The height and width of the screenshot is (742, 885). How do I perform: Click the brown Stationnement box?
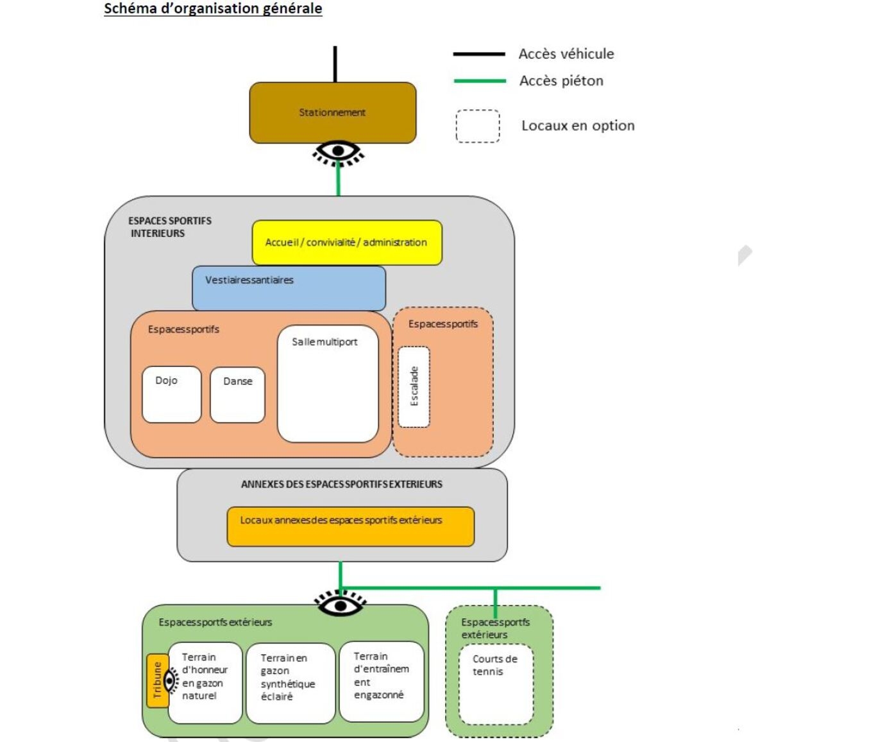coord(332,112)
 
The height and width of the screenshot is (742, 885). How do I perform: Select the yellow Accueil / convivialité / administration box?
coord(346,243)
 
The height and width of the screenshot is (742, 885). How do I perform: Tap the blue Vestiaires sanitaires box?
coord(289,288)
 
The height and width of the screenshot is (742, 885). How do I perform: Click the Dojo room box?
coord(171,394)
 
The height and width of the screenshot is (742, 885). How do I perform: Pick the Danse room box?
coord(237,395)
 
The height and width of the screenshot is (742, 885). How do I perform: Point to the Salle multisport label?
coord(324,342)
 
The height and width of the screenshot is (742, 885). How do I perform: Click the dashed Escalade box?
coord(414,386)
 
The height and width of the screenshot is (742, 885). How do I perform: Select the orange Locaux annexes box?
coord(350,526)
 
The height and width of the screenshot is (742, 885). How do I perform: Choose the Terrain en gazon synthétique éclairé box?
coord(290,683)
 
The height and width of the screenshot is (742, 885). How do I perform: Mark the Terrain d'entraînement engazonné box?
coord(381,681)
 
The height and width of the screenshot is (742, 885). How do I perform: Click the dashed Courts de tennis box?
coord(496,684)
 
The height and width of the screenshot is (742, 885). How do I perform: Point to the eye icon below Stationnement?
coord(338,152)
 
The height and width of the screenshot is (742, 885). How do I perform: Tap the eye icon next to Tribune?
coord(171,680)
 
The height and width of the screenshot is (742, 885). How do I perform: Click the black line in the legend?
coord(479,54)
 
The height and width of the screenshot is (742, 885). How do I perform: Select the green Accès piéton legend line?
coord(479,81)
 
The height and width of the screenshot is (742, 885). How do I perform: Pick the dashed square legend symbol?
coord(478,126)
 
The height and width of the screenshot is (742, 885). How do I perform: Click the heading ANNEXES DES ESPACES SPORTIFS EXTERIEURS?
coord(341,485)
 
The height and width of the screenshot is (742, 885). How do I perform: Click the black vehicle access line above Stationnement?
coord(335,64)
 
